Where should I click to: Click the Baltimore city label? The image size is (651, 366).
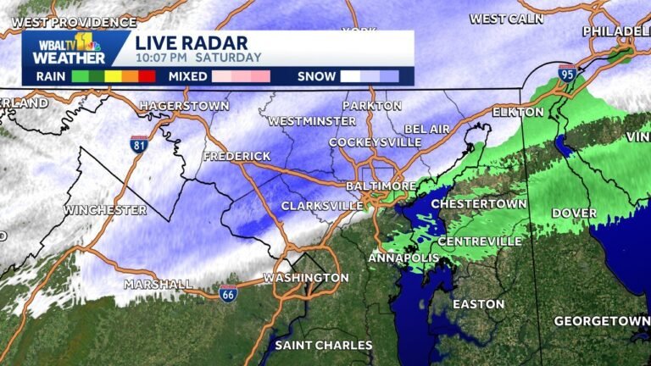coord(381,186)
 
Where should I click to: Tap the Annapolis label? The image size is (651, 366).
coord(403,257)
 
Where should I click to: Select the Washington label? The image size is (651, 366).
coord(305,278)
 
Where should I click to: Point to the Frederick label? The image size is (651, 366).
coord(236,157)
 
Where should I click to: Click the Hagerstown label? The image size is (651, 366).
coord(185,106)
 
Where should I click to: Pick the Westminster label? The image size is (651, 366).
coord(312,121)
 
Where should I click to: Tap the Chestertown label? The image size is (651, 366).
coord(472,204)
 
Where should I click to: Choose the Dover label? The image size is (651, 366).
coord(574,213)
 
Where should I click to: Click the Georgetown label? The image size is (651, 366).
coord(601,321)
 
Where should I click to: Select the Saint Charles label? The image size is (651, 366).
coord(323,345)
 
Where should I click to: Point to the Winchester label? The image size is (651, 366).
coord(105,209)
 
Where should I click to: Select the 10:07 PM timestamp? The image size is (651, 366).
coord(163,58)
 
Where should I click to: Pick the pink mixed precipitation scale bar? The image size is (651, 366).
coord(241,76)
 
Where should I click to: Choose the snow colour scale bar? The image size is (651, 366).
coord(370,76)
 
